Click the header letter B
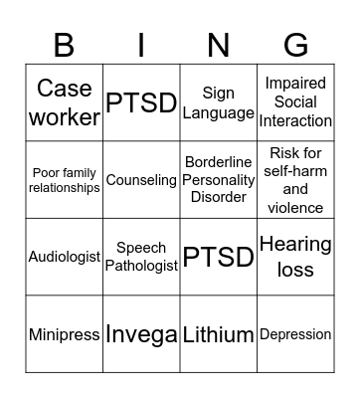tap(65, 44)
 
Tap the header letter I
tap(141, 44)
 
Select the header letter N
tap(219, 44)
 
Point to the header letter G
tap(295, 44)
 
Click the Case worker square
tap(65, 102)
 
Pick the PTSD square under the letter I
tap(141, 102)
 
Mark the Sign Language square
tap(219, 102)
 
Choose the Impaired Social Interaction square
tap(295, 102)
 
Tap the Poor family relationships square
tap(65, 180)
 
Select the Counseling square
tap(141, 180)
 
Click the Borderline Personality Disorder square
tap(219, 180)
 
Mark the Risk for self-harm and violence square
tap(295, 180)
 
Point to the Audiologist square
tap(65, 257)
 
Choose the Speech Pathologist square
tap(141, 257)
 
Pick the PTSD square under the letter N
tap(219, 257)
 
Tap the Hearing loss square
tap(295, 257)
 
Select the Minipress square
tap(65, 334)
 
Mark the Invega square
tap(141, 334)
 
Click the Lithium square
tap(219, 334)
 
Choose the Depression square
tap(295, 334)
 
